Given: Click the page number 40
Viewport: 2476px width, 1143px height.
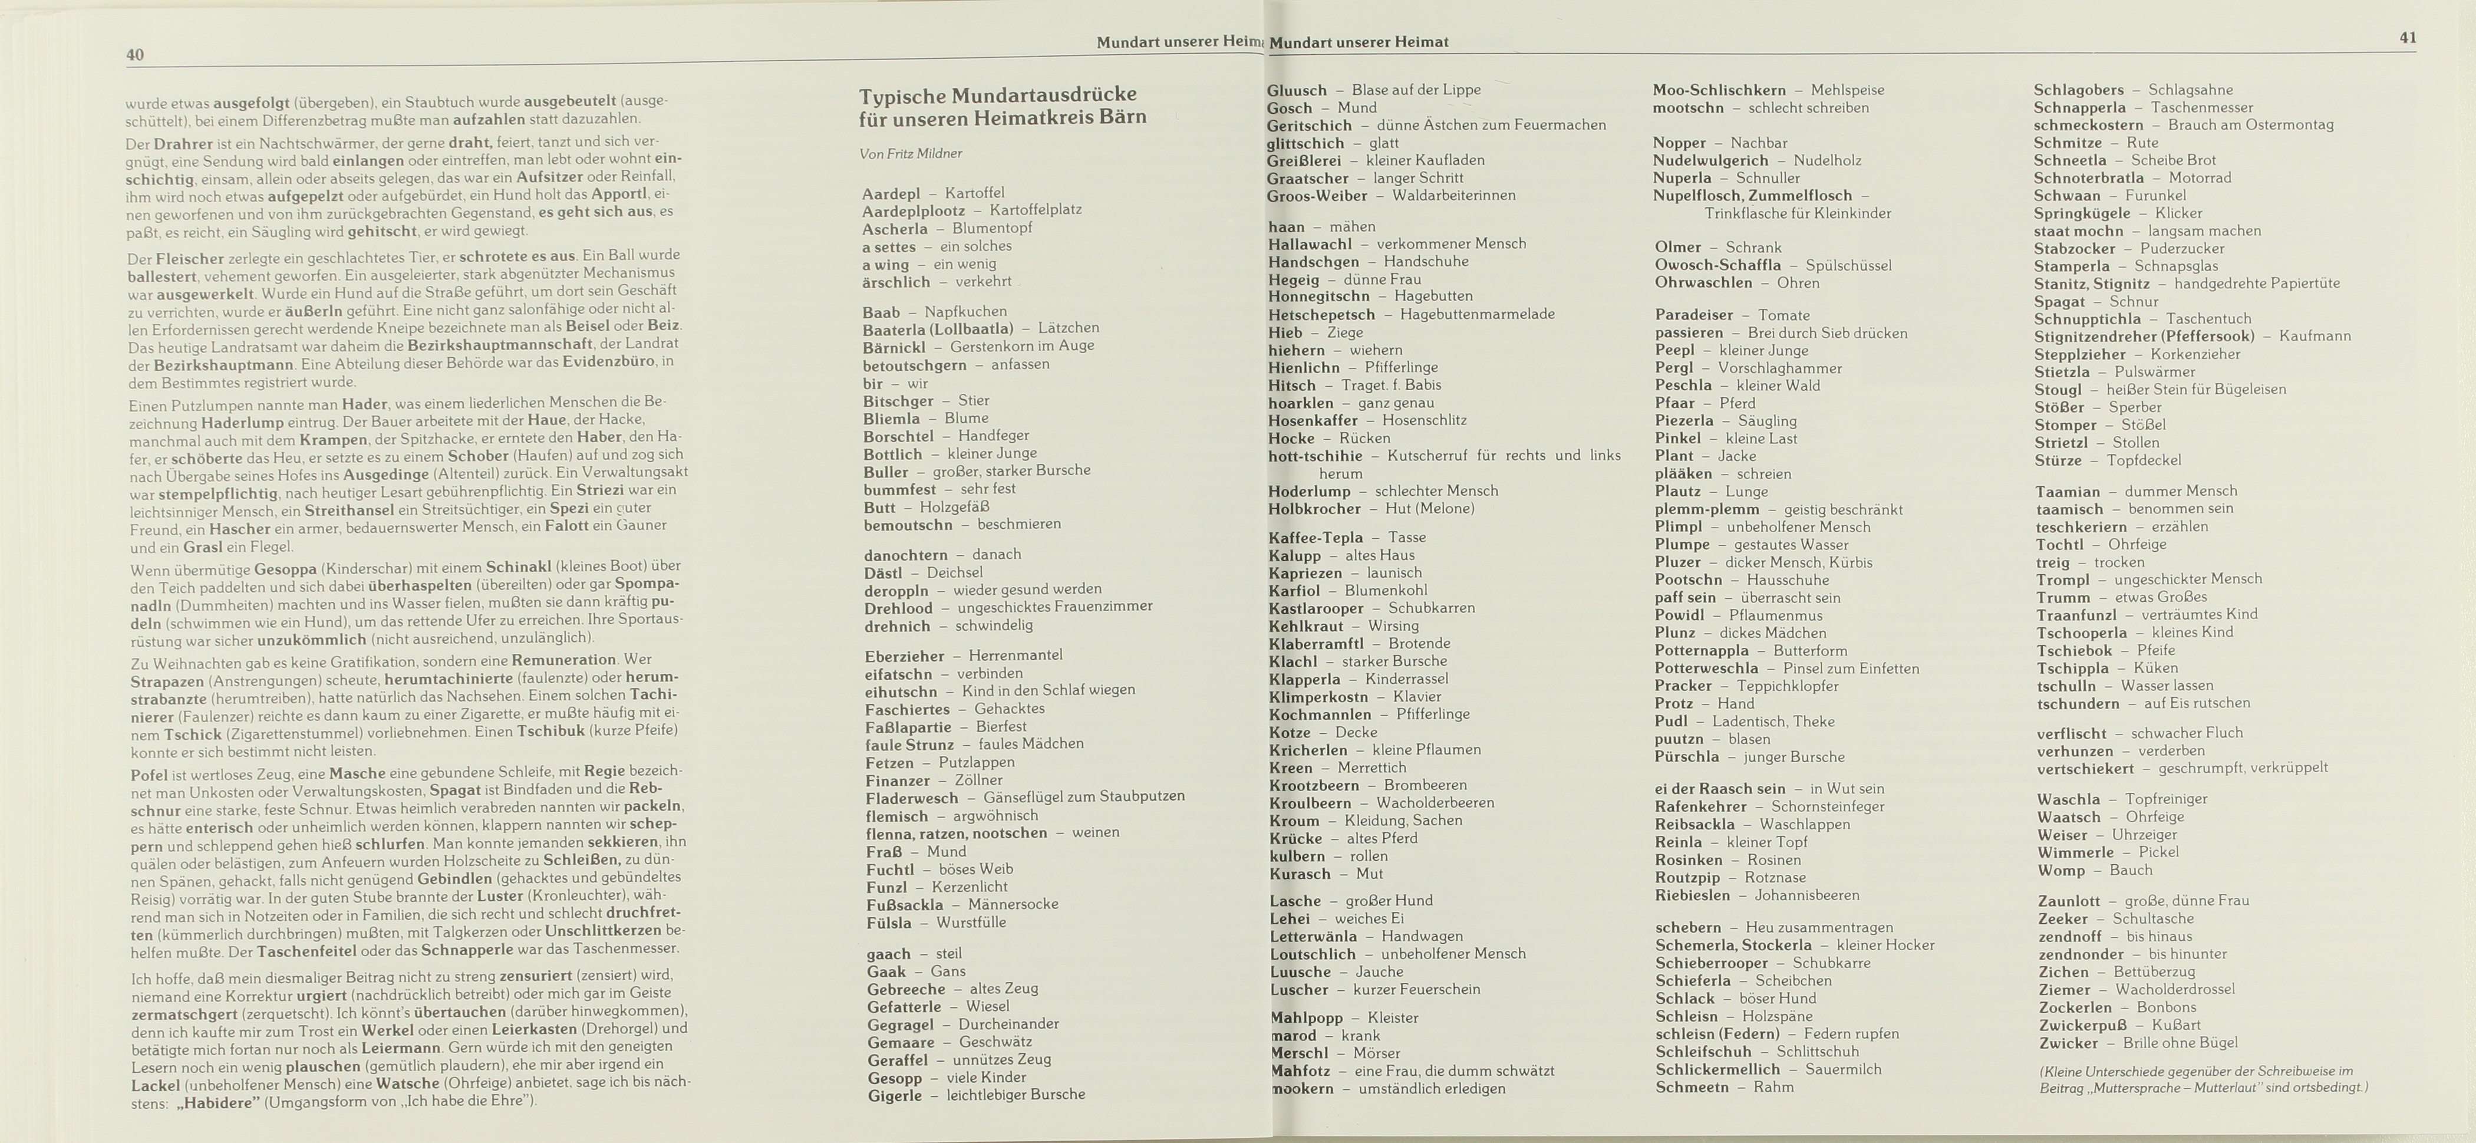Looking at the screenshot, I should [x=136, y=55].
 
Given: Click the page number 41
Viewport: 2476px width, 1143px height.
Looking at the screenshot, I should [x=2408, y=38].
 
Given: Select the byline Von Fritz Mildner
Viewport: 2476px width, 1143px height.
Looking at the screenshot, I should [x=910, y=154].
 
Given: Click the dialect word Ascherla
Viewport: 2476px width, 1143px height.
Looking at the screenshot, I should [x=895, y=229].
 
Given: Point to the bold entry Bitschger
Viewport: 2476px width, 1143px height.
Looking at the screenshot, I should [x=898, y=401].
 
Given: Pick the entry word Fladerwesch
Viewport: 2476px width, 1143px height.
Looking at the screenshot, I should [x=911, y=798].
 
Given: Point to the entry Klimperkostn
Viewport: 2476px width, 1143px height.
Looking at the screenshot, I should [x=1318, y=697].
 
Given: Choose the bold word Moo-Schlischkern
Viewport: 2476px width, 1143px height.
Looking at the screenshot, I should [x=1719, y=90].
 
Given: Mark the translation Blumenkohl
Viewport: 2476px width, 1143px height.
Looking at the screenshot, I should [x=1385, y=590].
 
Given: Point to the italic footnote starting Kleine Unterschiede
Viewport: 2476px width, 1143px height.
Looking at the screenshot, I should [x=2202, y=1079].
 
